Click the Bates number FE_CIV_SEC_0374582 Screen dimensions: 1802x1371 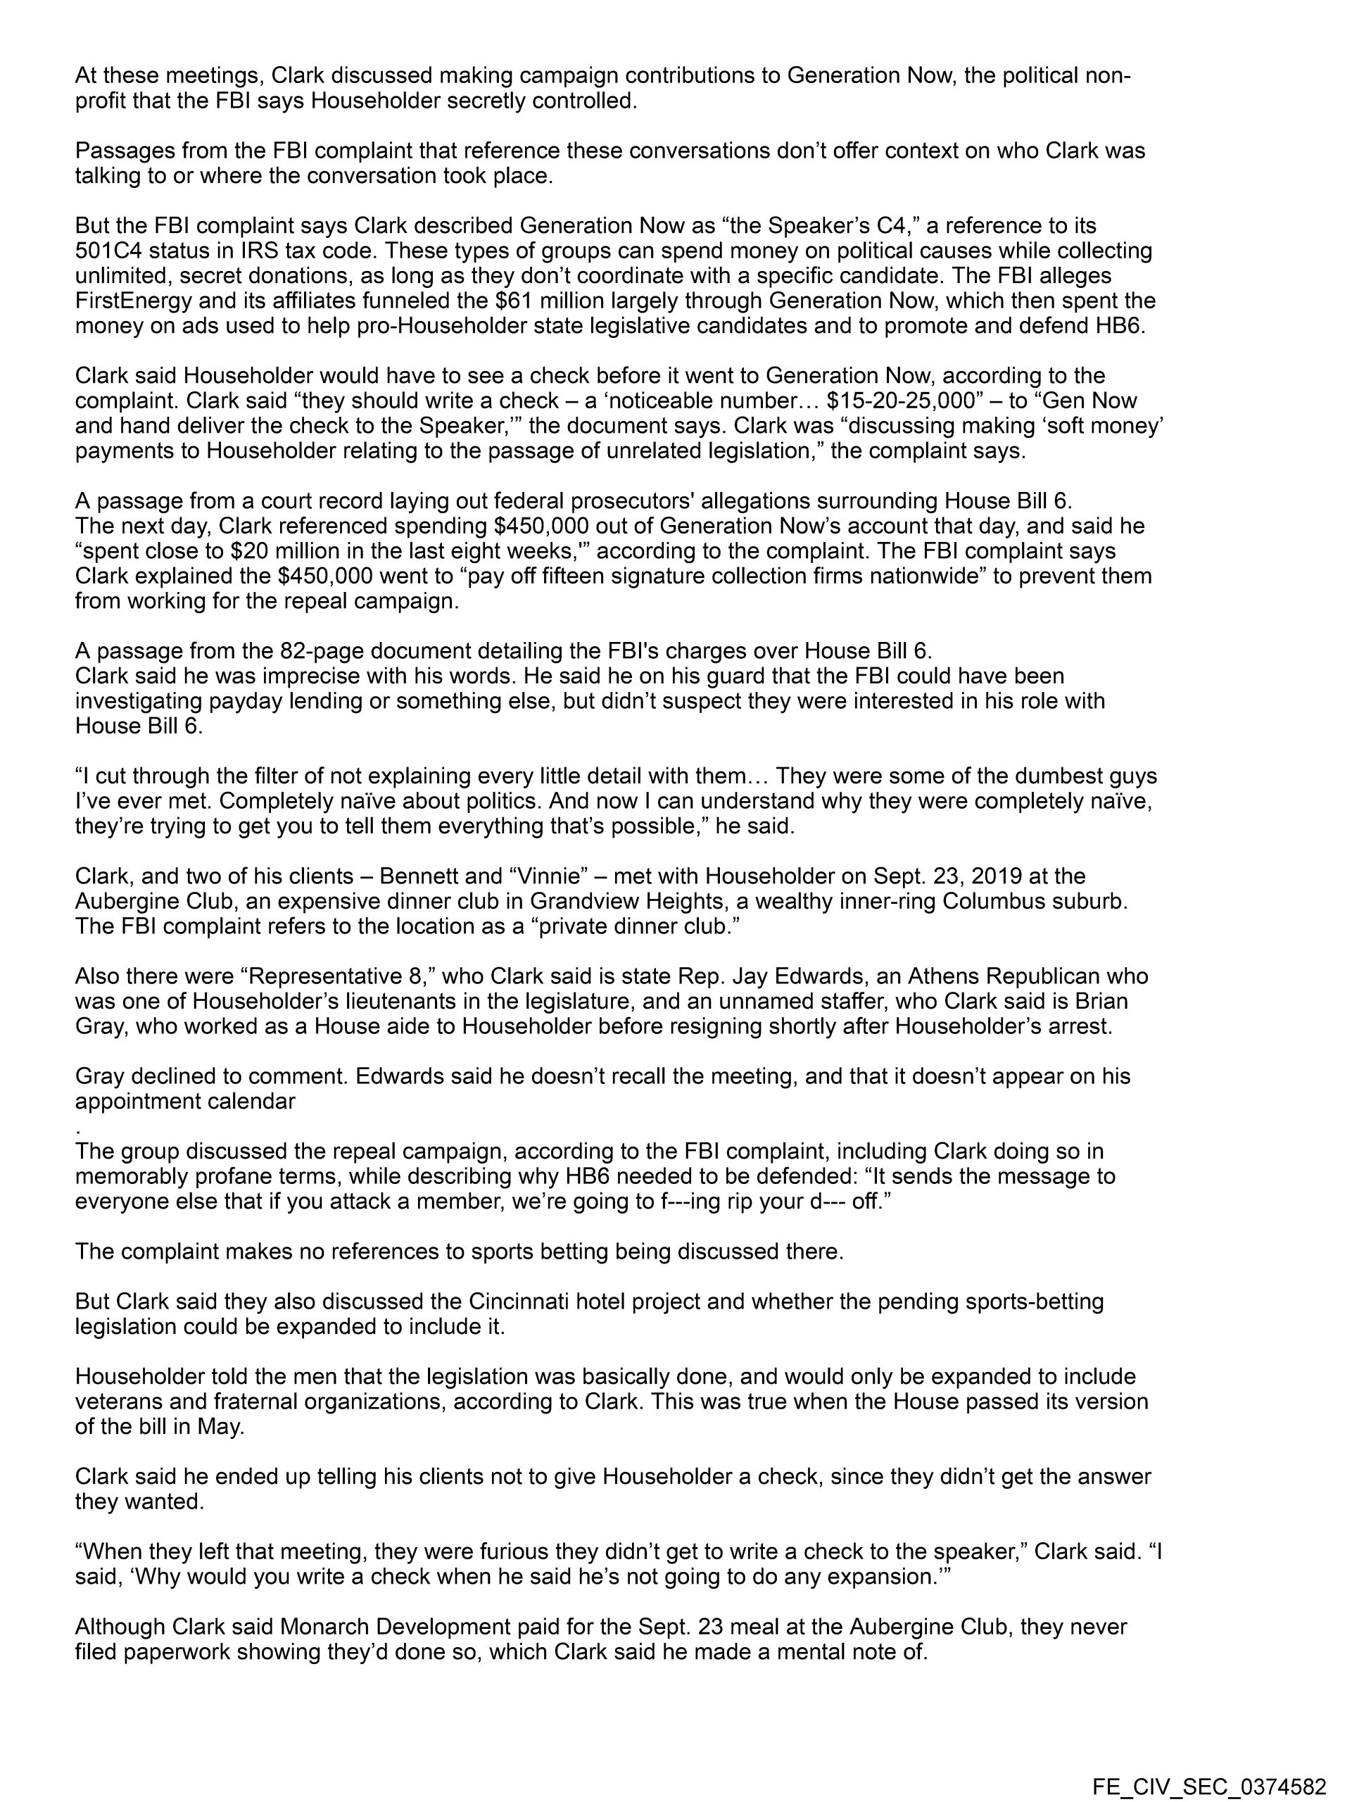(1209, 1780)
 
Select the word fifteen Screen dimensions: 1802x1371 (533, 576)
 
